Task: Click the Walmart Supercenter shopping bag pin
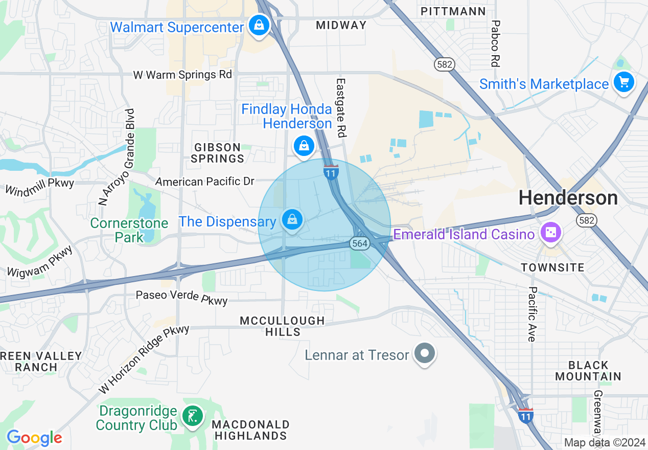tap(259, 25)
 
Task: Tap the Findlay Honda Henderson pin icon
tap(304, 146)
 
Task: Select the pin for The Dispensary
tap(292, 220)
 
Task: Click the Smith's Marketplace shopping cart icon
tap(623, 82)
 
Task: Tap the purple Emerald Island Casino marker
tap(551, 233)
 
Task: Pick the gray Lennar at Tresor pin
tap(424, 353)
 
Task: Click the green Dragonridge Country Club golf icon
tap(192, 416)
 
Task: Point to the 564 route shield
tap(360, 243)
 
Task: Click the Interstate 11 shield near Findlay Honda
tap(331, 172)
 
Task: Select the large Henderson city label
tap(568, 198)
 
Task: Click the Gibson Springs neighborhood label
tap(218, 153)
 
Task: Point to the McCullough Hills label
tap(283, 326)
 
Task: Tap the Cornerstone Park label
tap(129, 230)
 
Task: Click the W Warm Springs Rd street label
tap(182, 75)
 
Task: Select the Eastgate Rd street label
tap(341, 107)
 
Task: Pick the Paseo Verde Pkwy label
tap(181, 297)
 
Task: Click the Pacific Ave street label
tap(531, 314)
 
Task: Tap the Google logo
tap(34, 438)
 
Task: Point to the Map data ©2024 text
tap(604, 442)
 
